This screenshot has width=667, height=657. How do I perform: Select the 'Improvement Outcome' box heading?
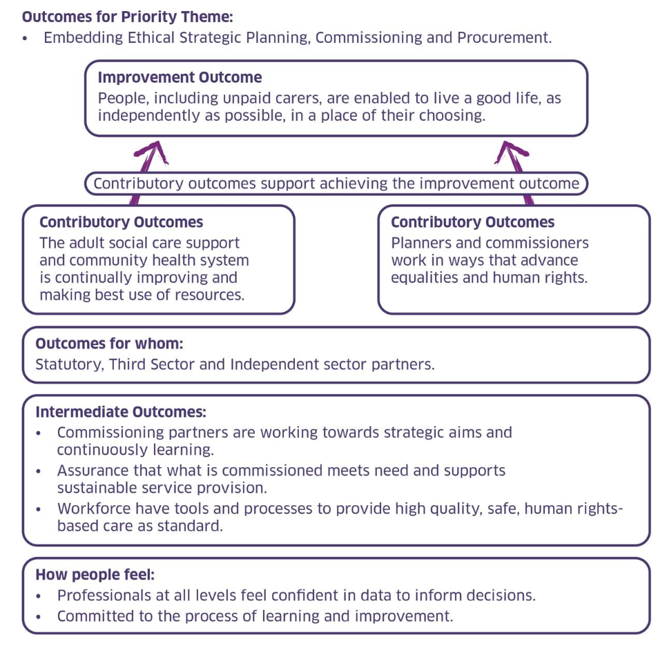180,78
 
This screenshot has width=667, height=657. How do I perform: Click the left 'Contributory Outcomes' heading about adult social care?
121,222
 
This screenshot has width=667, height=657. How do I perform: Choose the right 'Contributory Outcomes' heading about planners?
472,222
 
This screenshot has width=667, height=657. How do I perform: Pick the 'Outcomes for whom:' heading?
109,344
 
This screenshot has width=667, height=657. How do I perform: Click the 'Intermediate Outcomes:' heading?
121,412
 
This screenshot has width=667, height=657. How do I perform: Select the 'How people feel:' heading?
95,575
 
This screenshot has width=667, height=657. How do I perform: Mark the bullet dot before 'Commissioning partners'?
39,433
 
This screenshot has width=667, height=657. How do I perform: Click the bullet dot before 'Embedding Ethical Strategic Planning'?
26,39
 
